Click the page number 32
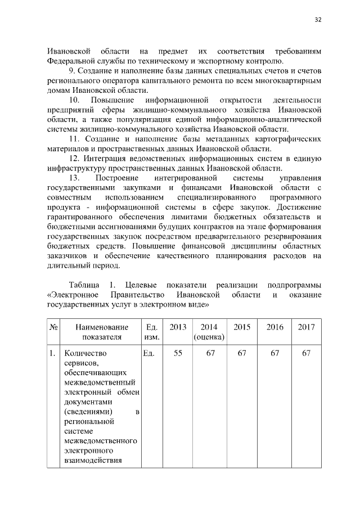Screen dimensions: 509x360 click(318, 20)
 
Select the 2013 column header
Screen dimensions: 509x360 click(178, 327)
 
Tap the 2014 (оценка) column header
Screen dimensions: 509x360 click(209, 332)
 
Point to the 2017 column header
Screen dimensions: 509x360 click(306, 327)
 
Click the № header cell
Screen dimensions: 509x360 click(55, 327)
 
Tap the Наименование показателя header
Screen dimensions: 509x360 click(102, 332)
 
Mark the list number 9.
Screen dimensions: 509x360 click(71, 71)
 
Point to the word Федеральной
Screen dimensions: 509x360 click(72, 61)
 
